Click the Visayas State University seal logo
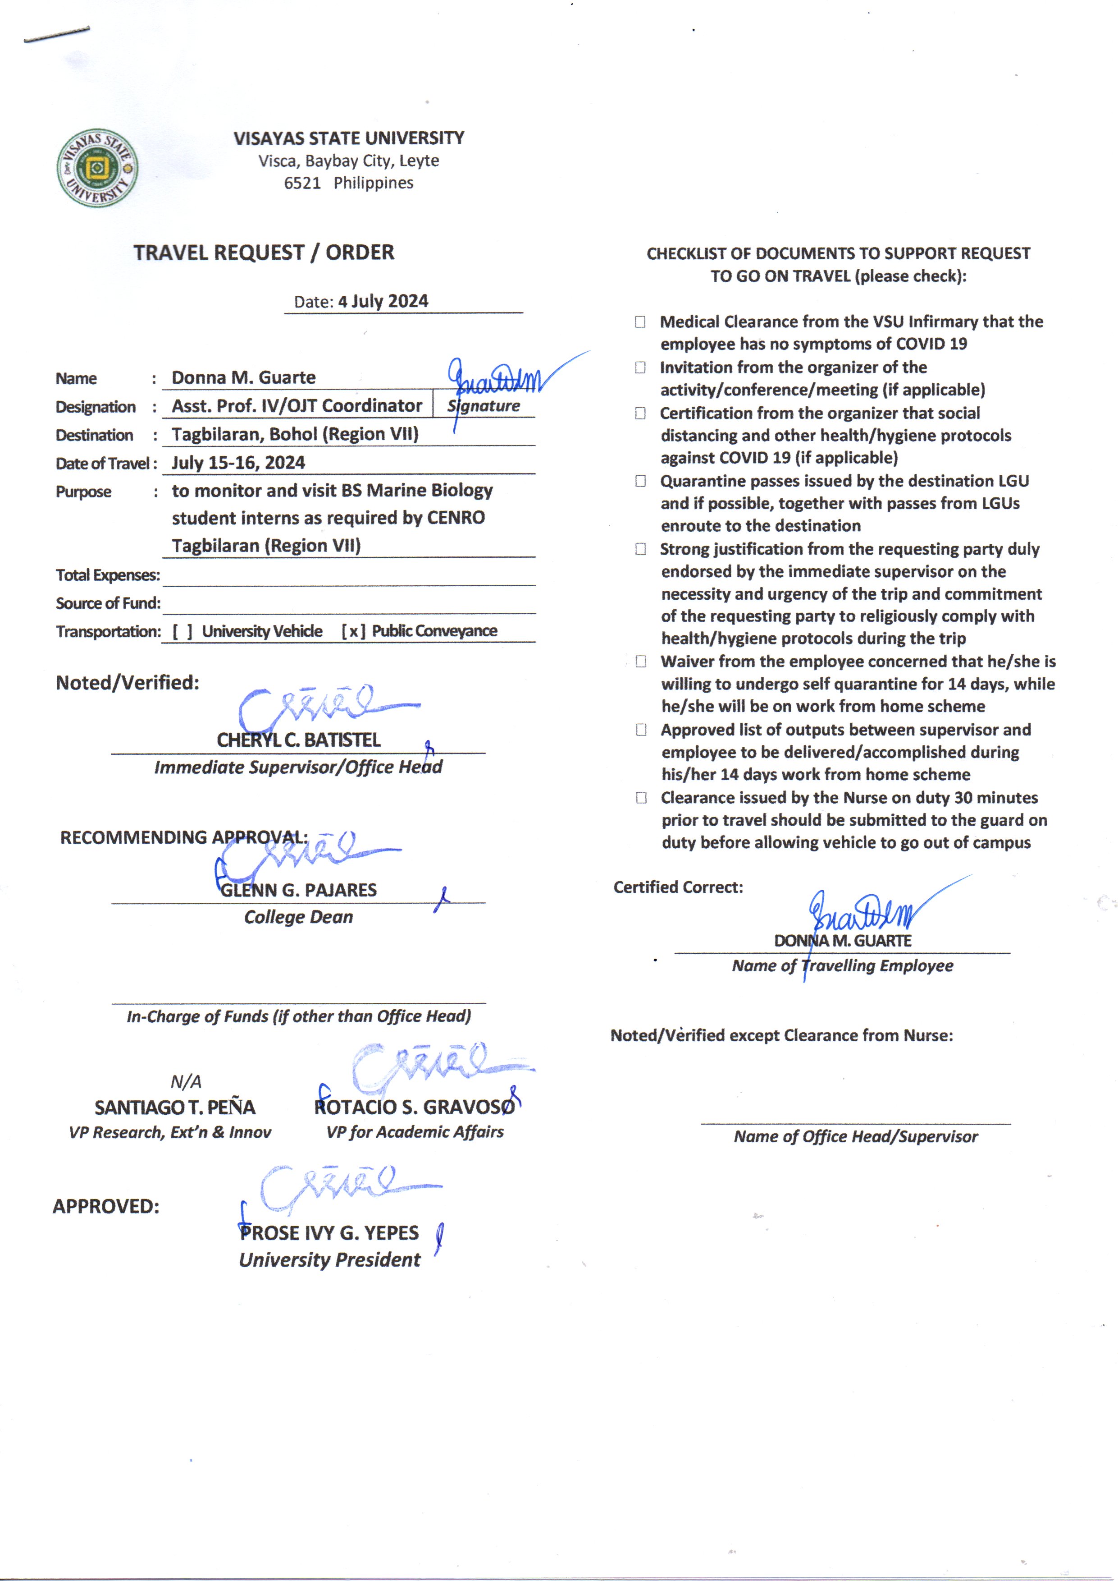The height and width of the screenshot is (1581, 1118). click(x=97, y=167)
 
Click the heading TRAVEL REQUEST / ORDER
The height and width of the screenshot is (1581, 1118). click(x=264, y=253)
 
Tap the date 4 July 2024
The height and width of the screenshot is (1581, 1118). click(x=383, y=301)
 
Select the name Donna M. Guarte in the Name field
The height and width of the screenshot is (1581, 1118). click(x=244, y=377)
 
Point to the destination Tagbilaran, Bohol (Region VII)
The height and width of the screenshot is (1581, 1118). click(x=295, y=434)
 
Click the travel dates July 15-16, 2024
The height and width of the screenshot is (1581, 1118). click(x=238, y=462)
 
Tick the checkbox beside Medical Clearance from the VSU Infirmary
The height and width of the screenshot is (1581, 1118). click(x=640, y=322)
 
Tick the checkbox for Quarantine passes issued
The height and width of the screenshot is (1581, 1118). click(x=640, y=481)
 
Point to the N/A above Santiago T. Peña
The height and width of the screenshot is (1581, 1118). click(x=186, y=1081)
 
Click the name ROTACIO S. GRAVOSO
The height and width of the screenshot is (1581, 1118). click(x=415, y=1107)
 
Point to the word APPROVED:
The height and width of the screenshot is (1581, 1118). click(x=106, y=1206)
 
